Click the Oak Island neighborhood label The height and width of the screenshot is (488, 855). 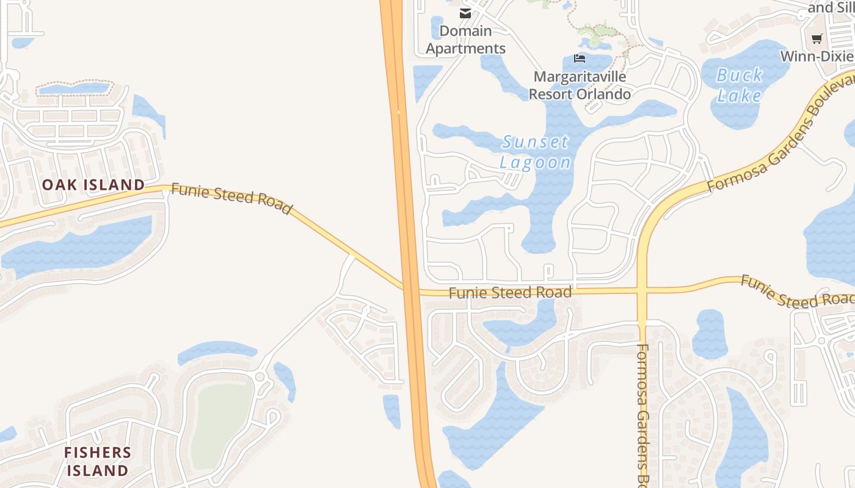coord(93,184)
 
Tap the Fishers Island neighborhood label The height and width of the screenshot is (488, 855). coord(98,461)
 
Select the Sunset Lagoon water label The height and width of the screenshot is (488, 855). coord(536,152)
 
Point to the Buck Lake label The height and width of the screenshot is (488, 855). coord(740,85)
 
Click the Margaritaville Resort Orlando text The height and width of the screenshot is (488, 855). coord(580,85)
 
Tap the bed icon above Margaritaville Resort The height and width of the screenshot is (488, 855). coord(580,59)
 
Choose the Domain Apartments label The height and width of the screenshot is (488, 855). coord(465,40)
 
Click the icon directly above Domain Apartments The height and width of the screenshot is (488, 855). coord(465,13)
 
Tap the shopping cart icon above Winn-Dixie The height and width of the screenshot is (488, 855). coord(817,39)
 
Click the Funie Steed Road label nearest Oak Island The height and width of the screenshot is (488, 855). coord(231,198)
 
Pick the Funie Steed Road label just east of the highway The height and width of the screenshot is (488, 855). coord(510,293)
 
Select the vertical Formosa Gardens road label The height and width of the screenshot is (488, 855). coord(644,415)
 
